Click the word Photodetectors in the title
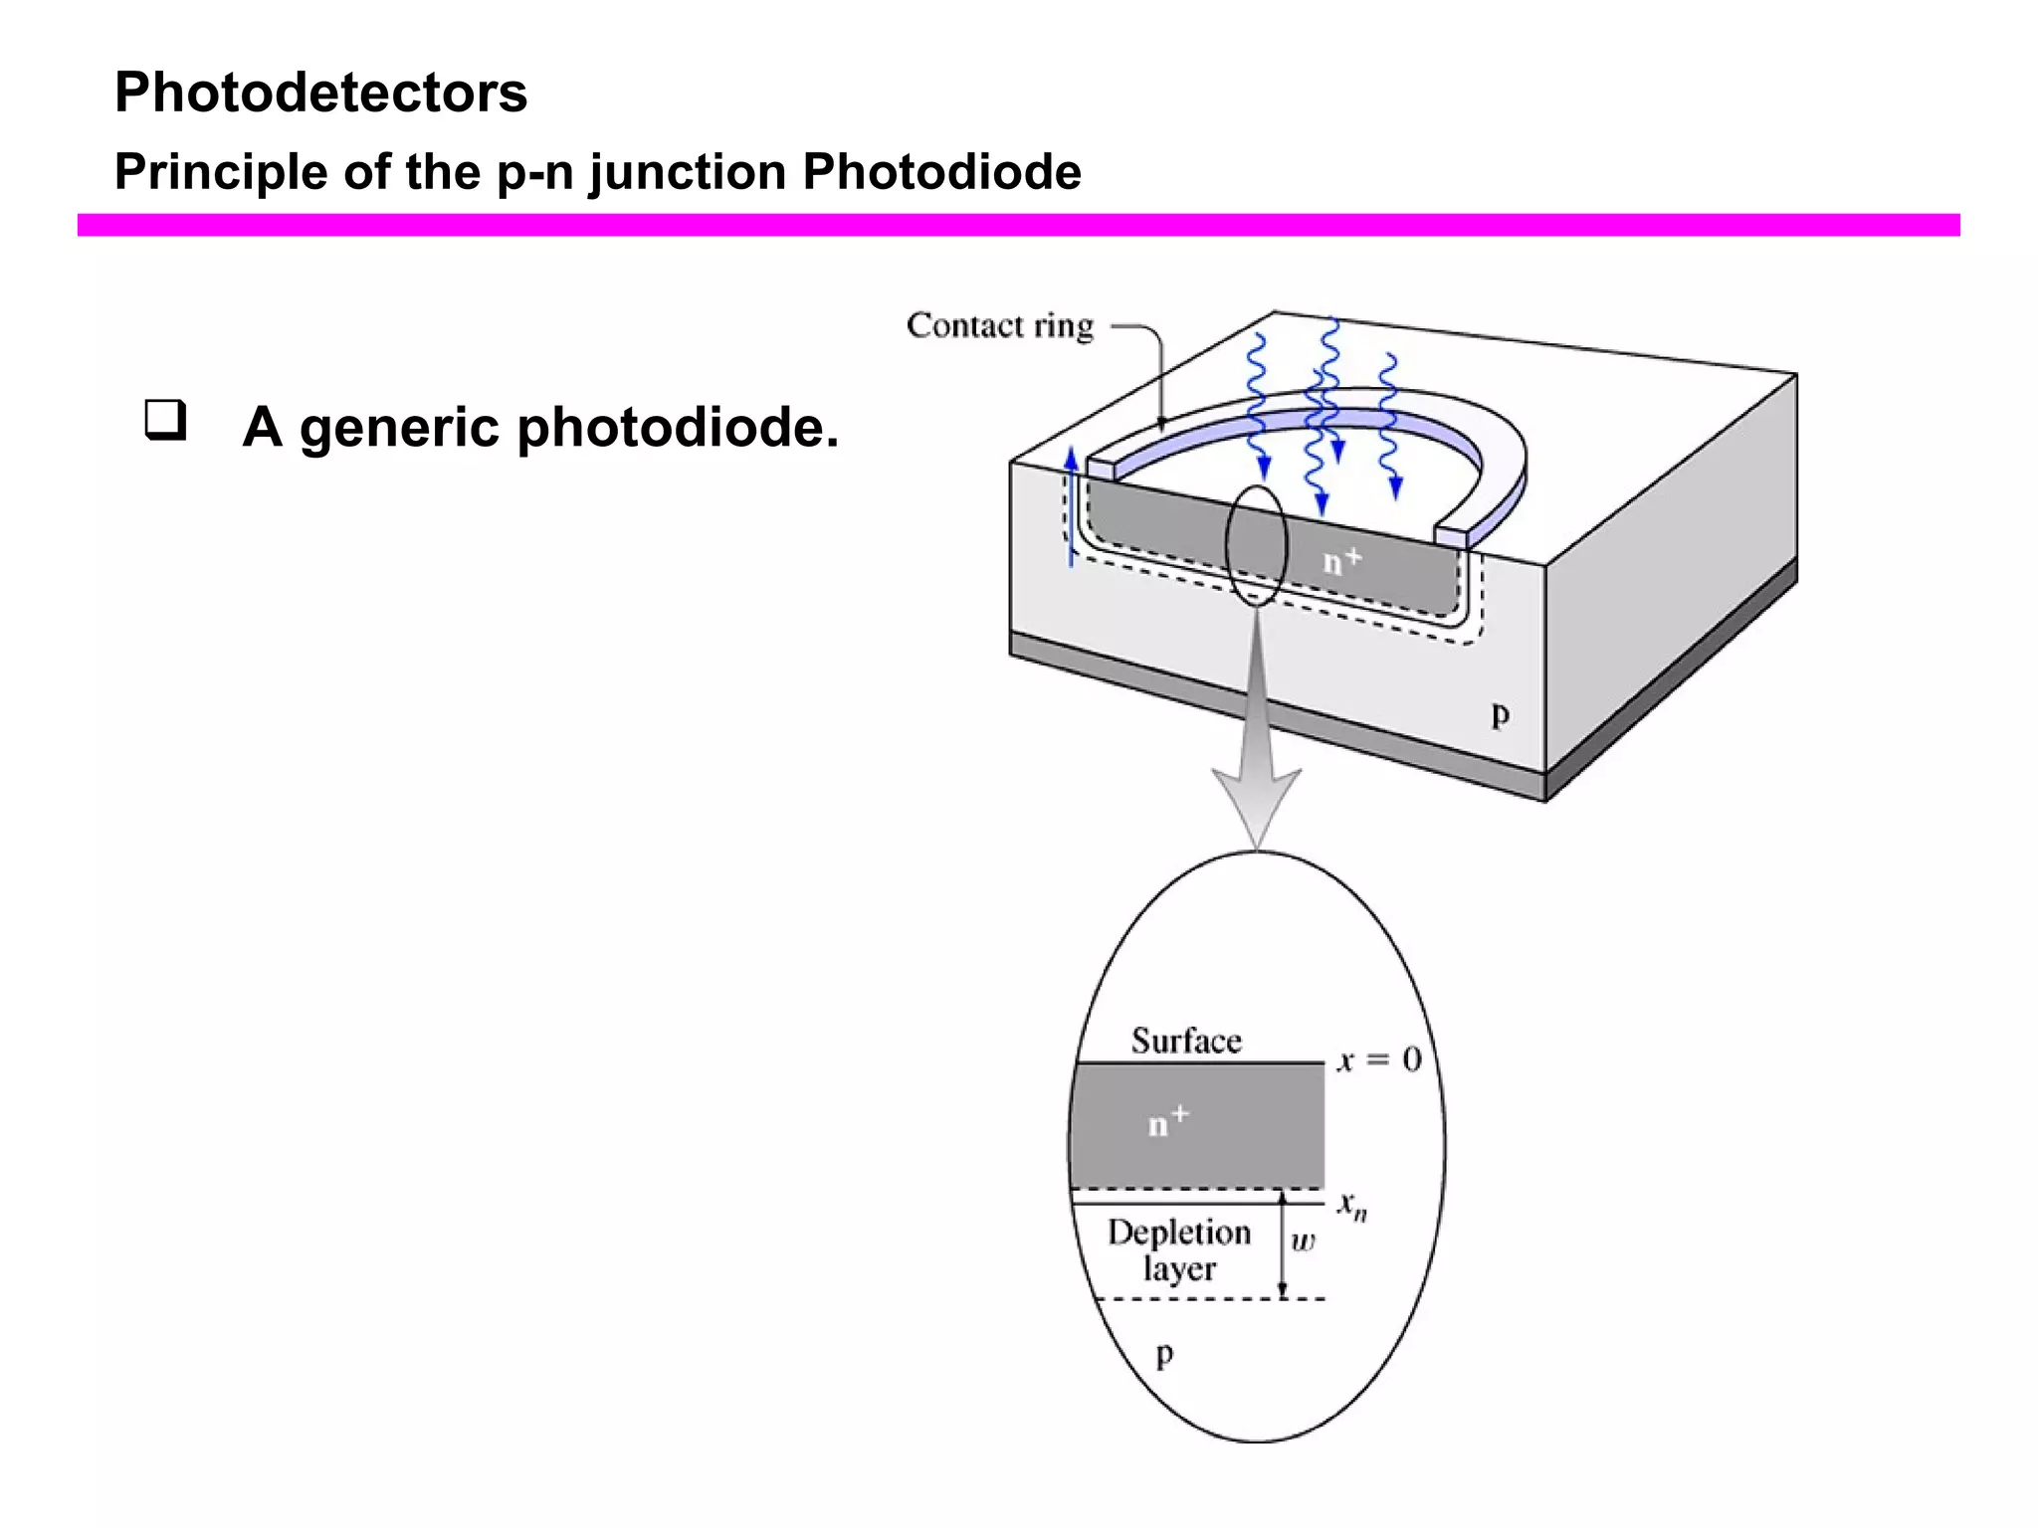click(320, 93)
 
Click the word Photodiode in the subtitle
click(941, 171)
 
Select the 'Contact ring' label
click(999, 325)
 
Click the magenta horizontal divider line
click(1018, 225)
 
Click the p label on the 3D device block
click(1500, 714)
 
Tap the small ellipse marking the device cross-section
click(1256, 545)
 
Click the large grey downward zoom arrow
click(1257, 756)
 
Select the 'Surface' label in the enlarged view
click(1186, 1041)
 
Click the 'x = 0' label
click(1378, 1060)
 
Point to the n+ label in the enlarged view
click(1167, 1121)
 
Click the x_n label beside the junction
click(1351, 1206)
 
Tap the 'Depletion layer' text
click(1179, 1250)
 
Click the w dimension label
click(1303, 1241)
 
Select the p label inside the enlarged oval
click(1164, 1354)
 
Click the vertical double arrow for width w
click(1283, 1248)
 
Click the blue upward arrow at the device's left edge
click(1071, 507)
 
